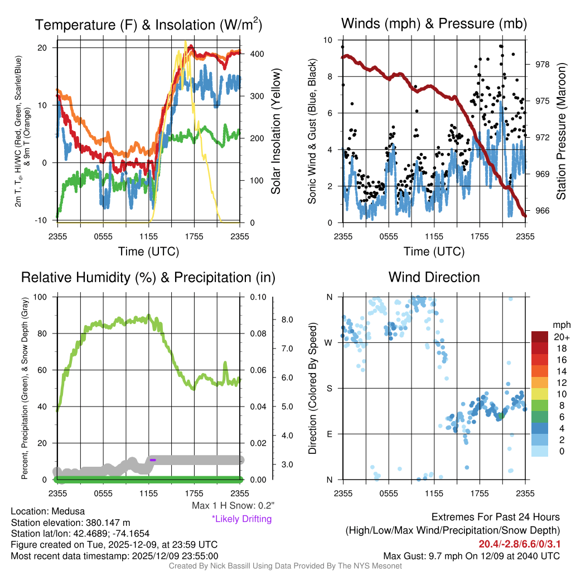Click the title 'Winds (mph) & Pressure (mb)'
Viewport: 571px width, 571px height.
coord(434,23)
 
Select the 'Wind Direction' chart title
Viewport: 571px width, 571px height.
coord(434,277)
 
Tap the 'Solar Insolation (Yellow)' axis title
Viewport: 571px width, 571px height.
coord(275,132)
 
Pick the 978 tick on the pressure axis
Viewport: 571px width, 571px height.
coord(542,64)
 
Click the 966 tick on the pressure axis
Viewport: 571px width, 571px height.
coord(542,211)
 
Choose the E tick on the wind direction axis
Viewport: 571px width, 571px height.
coord(330,434)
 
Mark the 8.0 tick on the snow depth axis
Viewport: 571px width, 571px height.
coord(288,320)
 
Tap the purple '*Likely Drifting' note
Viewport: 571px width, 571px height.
coord(241,519)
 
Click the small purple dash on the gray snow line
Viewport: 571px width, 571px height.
coord(153,459)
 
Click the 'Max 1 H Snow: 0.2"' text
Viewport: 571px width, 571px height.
coord(233,506)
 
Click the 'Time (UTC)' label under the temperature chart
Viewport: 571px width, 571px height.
coord(148,251)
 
